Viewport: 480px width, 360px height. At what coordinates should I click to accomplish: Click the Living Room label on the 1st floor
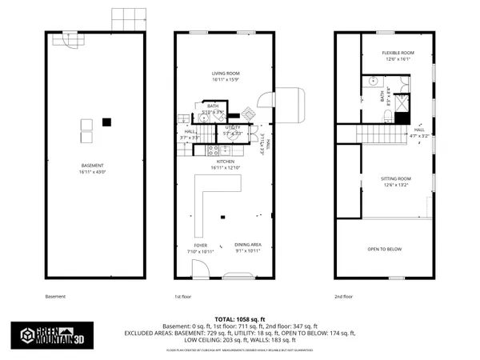226,76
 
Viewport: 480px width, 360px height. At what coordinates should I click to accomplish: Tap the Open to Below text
385,249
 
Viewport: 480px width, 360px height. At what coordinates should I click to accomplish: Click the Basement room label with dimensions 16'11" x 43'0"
94,170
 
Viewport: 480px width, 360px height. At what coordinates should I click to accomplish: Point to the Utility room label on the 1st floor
233,130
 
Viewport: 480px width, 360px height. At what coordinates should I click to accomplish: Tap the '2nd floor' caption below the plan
345,297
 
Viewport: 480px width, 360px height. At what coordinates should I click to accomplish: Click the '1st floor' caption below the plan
184,297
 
